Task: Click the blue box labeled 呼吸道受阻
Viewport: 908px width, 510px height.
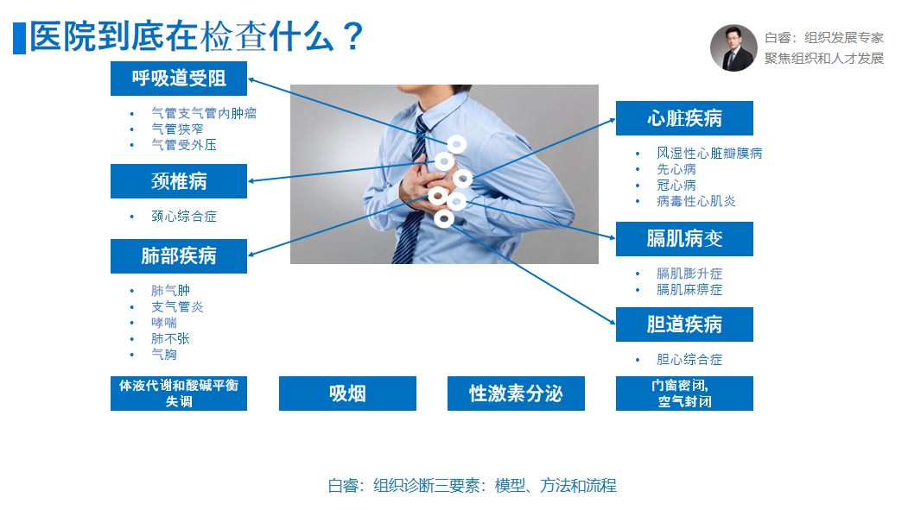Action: click(x=178, y=79)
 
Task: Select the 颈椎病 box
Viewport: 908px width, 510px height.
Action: click(x=178, y=181)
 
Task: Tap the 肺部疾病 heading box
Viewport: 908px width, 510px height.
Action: click(x=178, y=256)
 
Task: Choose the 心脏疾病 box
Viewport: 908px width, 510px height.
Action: click(x=684, y=118)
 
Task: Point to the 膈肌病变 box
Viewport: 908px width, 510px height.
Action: click(x=684, y=239)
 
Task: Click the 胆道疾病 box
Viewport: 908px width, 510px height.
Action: click(x=684, y=324)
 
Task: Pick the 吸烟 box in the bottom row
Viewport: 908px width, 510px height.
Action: click(x=347, y=394)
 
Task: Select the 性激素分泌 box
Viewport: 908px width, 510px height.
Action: click(x=516, y=394)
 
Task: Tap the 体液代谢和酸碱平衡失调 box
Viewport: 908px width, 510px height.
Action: click(x=178, y=394)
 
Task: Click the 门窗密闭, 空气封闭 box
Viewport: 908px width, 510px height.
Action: click(x=684, y=394)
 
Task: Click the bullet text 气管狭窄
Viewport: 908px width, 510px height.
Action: click(x=177, y=129)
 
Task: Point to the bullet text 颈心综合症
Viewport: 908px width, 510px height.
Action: click(x=184, y=217)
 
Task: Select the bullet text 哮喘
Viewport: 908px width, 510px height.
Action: click(x=164, y=323)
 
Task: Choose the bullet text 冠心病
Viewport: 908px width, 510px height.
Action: click(x=676, y=185)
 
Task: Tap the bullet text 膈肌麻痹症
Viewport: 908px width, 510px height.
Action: click(x=689, y=290)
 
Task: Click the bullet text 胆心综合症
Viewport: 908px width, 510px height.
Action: click(x=689, y=360)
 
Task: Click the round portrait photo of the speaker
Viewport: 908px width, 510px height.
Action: click(x=733, y=48)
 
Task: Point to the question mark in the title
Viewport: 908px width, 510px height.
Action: click(x=352, y=36)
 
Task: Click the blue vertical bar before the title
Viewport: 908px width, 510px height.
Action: click(x=19, y=38)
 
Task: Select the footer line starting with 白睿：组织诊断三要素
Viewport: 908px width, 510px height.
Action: click(x=473, y=486)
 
